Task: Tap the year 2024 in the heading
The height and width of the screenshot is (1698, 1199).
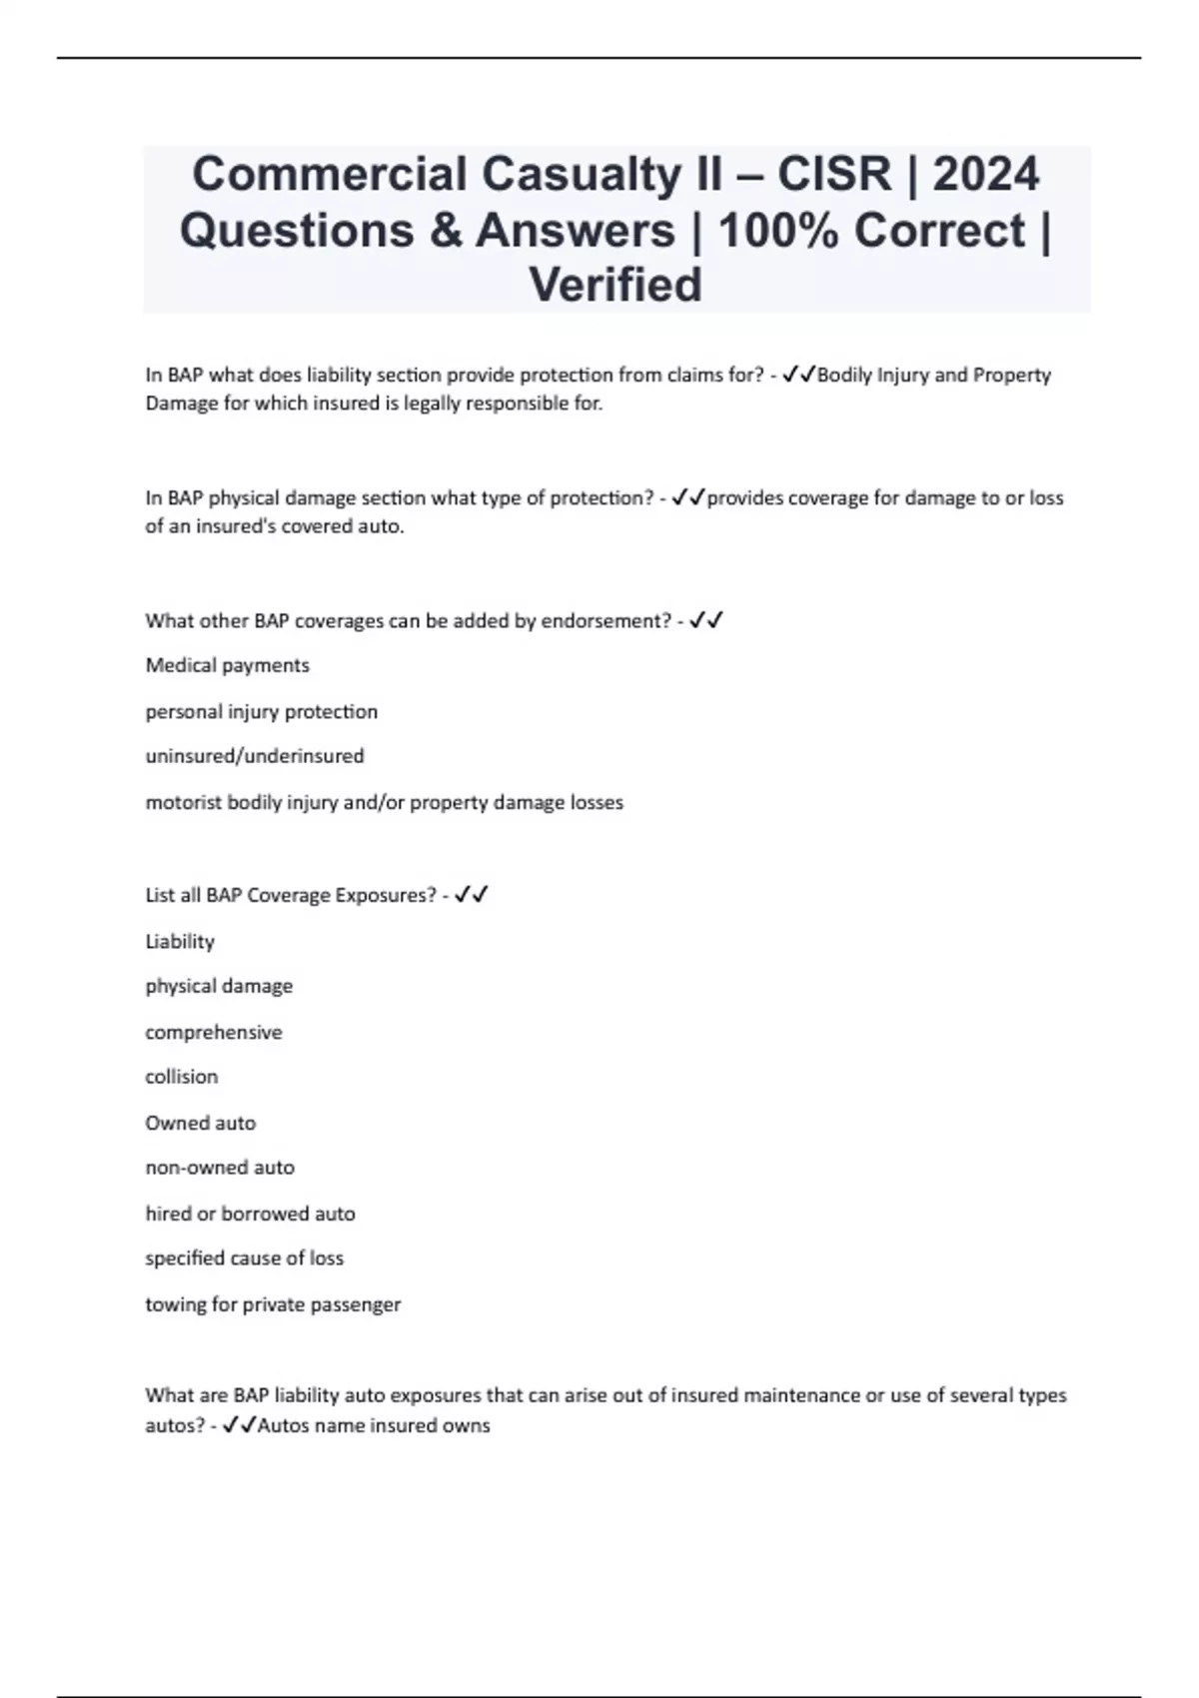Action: (x=986, y=174)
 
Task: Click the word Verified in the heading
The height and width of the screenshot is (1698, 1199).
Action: (x=615, y=285)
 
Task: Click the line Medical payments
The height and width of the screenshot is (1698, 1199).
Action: (x=228, y=665)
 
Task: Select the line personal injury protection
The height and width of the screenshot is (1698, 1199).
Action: (x=262, y=711)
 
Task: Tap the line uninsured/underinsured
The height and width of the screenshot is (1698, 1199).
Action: (x=255, y=756)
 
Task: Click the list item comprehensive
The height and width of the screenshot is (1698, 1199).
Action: (x=214, y=1032)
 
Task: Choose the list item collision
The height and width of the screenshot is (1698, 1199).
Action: (x=182, y=1077)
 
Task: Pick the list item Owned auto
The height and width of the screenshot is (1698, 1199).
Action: (x=201, y=1123)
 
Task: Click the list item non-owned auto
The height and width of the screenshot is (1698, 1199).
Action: (x=220, y=1168)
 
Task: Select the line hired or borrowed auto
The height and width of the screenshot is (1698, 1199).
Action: (x=251, y=1214)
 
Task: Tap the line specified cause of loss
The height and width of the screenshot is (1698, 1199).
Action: (x=245, y=1259)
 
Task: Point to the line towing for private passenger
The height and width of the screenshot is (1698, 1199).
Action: (x=273, y=1304)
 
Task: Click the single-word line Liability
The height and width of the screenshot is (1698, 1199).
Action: (x=180, y=941)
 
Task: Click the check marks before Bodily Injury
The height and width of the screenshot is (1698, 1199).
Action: (x=799, y=375)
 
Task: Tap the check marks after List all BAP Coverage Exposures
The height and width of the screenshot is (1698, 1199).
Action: (x=471, y=895)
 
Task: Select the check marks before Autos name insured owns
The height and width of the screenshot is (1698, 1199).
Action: (x=240, y=1425)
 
